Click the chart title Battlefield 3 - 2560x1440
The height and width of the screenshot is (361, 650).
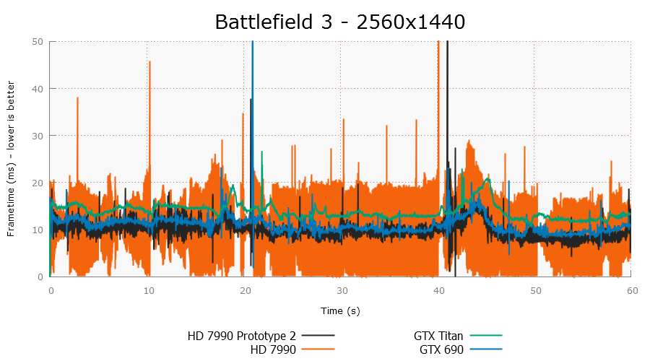tap(339, 22)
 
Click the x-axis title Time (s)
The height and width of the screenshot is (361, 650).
tap(340, 310)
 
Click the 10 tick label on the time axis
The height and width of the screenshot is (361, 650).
tap(147, 290)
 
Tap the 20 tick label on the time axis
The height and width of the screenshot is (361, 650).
tap(244, 290)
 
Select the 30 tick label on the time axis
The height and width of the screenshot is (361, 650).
tap(341, 290)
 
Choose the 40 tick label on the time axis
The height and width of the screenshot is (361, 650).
tap(438, 290)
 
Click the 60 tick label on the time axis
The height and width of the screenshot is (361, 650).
tap(631, 290)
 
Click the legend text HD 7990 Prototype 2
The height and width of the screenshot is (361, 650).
tap(241, 336)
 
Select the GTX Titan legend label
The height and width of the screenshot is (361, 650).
tap(438, 336)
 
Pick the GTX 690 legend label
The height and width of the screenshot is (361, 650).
tap(441, 350)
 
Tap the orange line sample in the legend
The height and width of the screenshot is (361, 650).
tap(318, 350)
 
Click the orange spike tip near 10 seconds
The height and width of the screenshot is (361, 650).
tap(149, 61)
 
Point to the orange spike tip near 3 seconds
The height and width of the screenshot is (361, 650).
tap(77, 97)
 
